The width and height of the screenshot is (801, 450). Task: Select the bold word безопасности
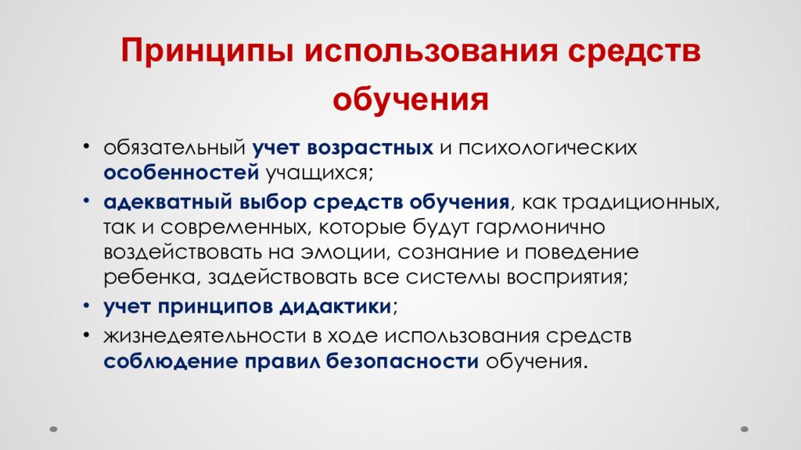411,362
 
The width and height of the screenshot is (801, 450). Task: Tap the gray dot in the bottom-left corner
53,429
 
